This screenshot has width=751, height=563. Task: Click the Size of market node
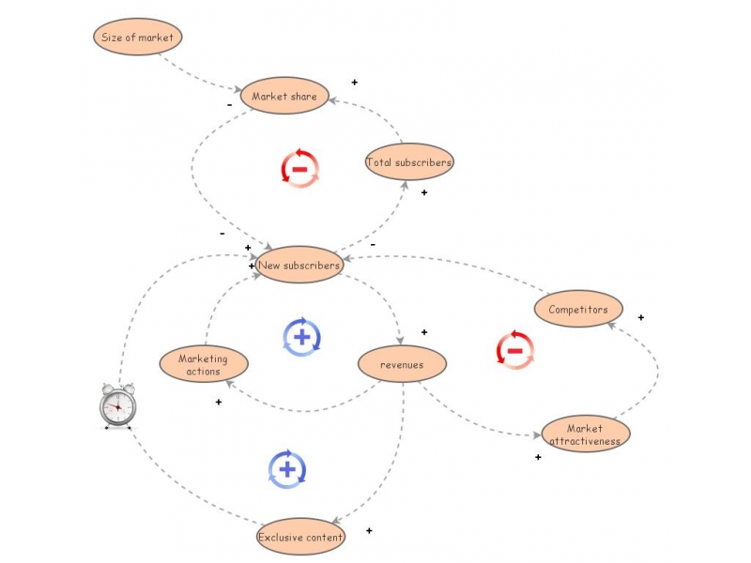click(137, 38)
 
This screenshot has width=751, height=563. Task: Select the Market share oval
click(284, 96)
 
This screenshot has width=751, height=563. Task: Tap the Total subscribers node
click(409, 162)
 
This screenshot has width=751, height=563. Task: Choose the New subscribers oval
click(299, 266)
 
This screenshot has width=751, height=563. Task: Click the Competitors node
click(578, 309)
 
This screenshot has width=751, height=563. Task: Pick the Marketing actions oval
click(204, 364)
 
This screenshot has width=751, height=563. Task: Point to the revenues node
click(402, 364)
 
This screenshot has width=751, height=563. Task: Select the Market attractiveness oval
click(585, 434)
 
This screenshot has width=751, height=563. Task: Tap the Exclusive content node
click(300, 537)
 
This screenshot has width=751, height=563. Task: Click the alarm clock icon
click(117, 405)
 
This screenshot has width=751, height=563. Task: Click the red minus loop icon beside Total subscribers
click(299, 168)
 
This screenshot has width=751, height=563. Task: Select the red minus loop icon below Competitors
click(514, 350)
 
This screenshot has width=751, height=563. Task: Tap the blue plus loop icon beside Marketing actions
click(301, 337)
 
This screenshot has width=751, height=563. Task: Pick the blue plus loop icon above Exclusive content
click(287, 468)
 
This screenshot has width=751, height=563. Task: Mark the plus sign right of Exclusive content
click(369, 531)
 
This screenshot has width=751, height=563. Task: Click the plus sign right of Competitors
click(641, 317)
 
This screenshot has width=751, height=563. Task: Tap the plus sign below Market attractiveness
click(538, 457)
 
